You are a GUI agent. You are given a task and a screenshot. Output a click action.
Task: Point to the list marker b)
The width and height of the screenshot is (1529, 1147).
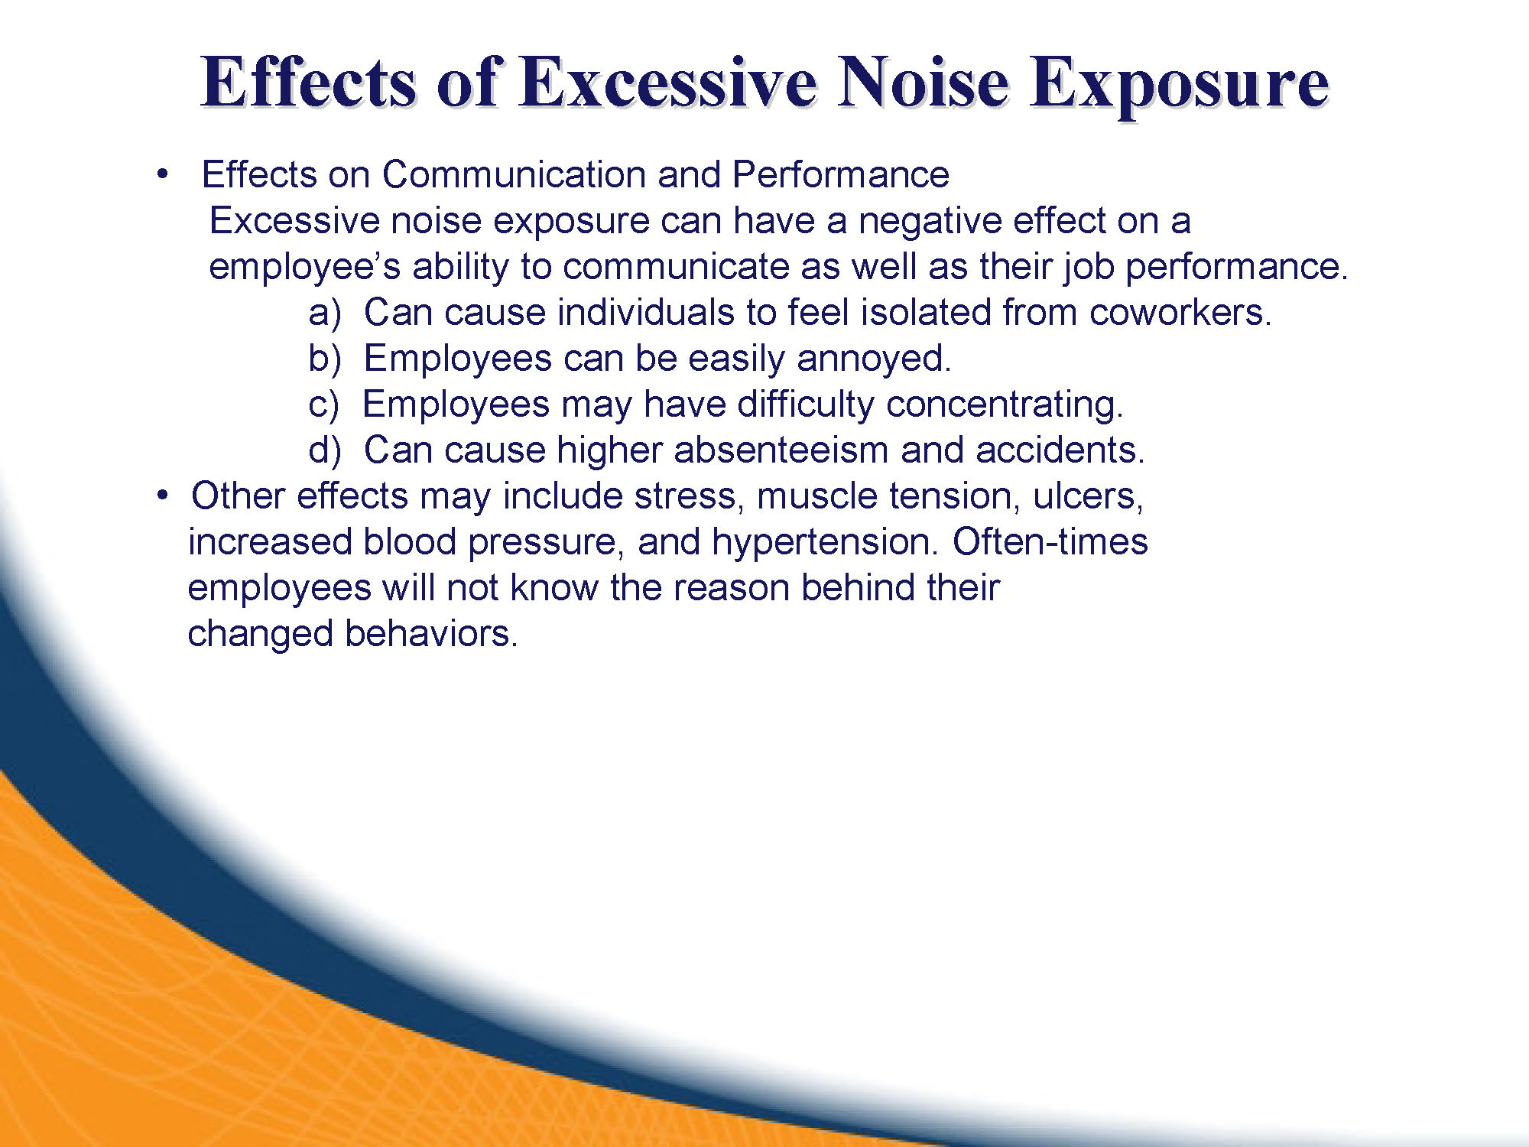point(325,359)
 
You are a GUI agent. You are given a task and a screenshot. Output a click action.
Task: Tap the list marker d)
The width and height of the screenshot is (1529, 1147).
point(325,450)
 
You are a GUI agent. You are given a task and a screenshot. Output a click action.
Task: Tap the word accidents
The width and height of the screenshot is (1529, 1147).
point(1060,450)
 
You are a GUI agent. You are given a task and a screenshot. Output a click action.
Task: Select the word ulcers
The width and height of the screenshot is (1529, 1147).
point(1088,496)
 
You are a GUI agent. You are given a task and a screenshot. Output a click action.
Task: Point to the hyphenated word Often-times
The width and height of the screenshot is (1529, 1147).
point(1050,541)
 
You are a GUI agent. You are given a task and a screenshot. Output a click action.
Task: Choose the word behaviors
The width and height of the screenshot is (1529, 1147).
point(431,633)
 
